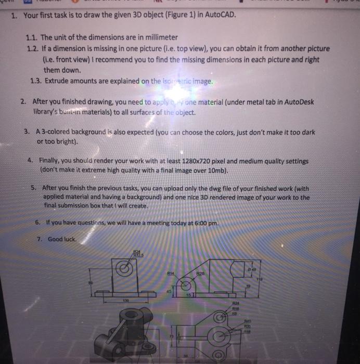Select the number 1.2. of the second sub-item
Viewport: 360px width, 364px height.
tap(32, 48)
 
